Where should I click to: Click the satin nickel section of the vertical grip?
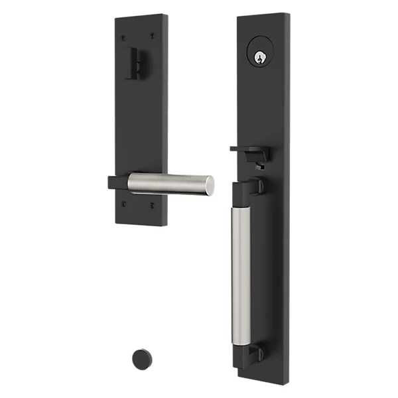point(241,275)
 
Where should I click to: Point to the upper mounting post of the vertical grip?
point(257,187)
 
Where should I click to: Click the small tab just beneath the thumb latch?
point(258,166)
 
